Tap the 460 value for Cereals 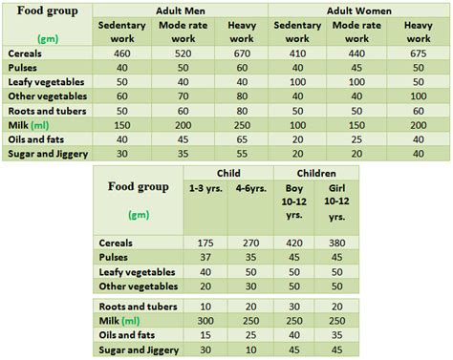pyautogui.click(x=122, y=53)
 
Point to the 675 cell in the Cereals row pyautogui.click(x=418, y=53)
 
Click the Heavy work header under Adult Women pyautogui.click(x=418, y=32)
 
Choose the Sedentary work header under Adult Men pyautogui.click(x=122, y=32)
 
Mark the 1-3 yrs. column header pyautogui.click(x=205, y=189)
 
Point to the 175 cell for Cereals pyautogui.click(x=205, y=243)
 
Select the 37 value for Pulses pyautogui.click(x=205, y=257)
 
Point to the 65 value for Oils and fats pyautogui.click(x=241, y=139)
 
